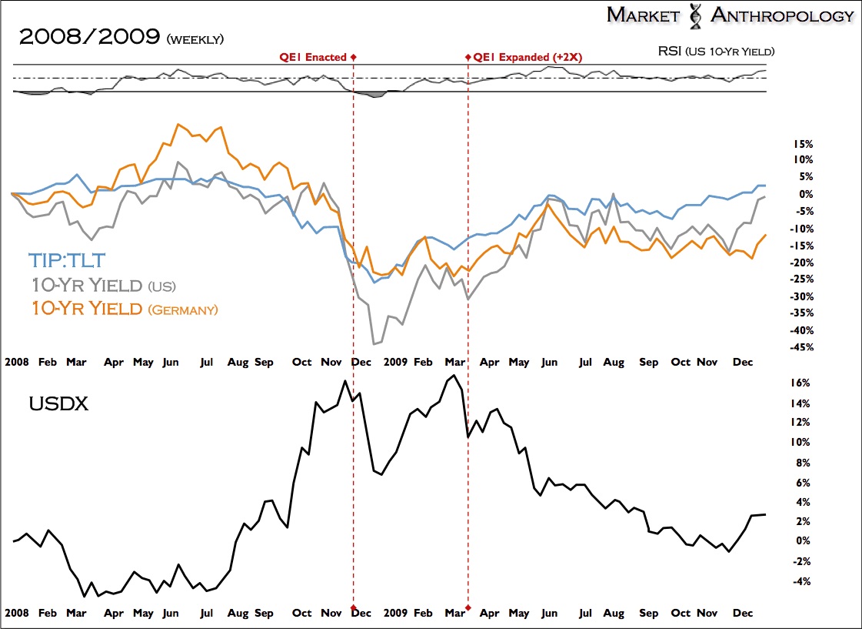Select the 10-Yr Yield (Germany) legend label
pyautogui.click(x=125, y=309)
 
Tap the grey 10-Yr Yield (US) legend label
pyautogui.click(x=104, y=285)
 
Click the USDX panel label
pyautogui.click(x=58, y=403)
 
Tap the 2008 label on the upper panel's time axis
pyautogui.click(x=18, y=361)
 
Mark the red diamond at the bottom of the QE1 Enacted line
pyautogui.click(x=354, y=608)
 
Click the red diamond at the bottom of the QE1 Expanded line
pyautogui.click(x=468, y=608)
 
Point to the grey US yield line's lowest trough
pyautogui.click(x=374, y=343)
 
